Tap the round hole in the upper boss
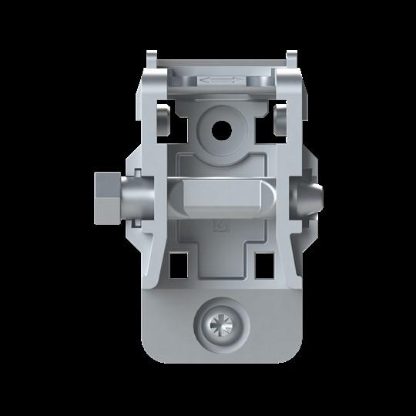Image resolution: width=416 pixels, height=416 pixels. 223,129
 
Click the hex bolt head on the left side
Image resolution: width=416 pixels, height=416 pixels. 105,196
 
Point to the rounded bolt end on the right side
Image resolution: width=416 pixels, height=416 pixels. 314,198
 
